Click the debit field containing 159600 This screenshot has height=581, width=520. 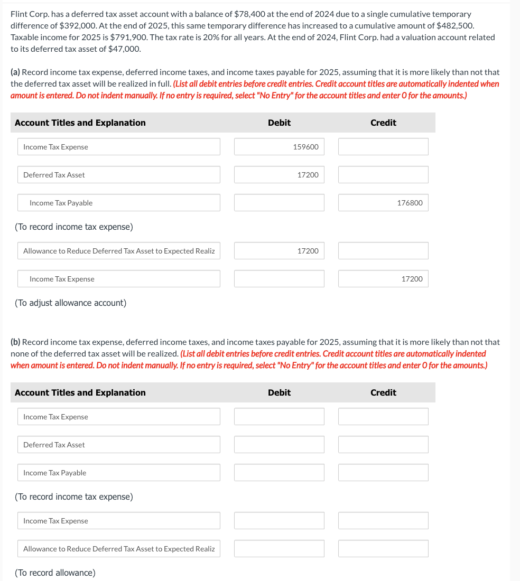(279, 147)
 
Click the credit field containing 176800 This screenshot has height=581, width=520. (383, 203)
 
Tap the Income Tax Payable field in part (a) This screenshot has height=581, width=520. (119, 203)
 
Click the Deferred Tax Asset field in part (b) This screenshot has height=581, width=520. (119, 445)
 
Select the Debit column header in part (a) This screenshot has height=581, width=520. (279, 123)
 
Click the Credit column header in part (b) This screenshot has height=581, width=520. (383, 392)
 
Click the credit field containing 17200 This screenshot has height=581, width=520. (383, 279)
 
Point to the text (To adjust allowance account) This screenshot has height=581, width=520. (70, 303)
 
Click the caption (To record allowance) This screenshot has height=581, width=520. (55, 573)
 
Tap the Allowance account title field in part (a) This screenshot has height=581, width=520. (119, 251)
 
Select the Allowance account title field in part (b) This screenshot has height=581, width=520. (119, 549)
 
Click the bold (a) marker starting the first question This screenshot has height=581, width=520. (15, 72)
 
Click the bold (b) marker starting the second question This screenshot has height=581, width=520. (15, 342)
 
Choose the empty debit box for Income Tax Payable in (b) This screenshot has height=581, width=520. (279, 473)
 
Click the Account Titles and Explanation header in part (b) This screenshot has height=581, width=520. (80, 392)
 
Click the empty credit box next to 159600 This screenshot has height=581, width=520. (383, 147)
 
